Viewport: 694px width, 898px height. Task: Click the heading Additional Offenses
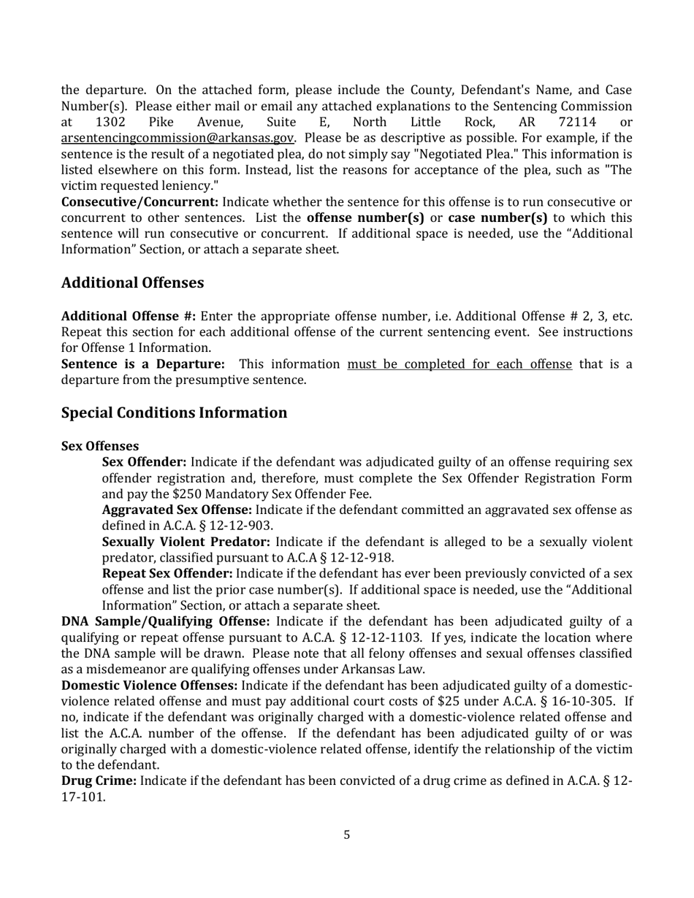[132, 283]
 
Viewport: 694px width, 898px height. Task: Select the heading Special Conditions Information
[174, 412]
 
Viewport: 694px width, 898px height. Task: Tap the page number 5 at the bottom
[346, 834]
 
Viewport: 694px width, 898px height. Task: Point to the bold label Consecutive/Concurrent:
[140, 202]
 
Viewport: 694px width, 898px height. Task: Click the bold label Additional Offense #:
[129, 316]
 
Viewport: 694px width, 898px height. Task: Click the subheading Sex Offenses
[100, 446]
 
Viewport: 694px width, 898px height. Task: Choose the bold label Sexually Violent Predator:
[186, 542]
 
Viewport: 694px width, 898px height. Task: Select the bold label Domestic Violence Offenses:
[149, 686]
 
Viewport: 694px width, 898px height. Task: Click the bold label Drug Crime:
[99, 781]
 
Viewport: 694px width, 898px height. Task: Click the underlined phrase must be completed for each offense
[460, 364]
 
